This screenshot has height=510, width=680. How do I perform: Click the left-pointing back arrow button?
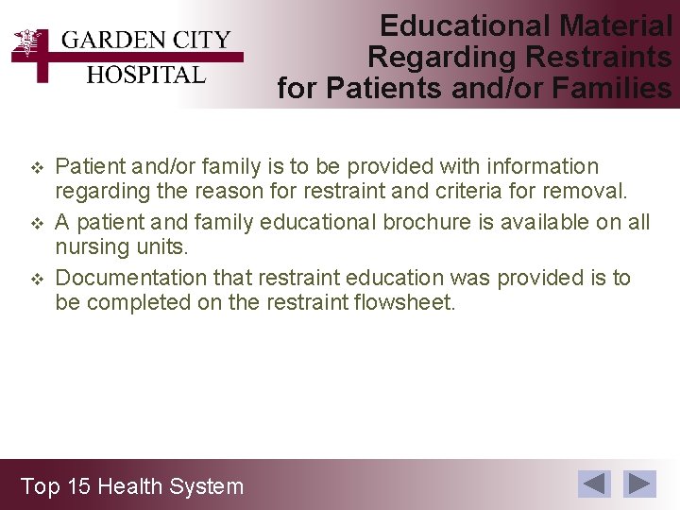pyautogui.click(x=595, y=484)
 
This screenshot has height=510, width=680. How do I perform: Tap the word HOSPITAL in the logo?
pyautogui.click(x=145, y=75)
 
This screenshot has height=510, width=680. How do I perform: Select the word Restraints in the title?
pyautogui.click(x=598, y=57)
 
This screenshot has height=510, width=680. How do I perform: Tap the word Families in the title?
pyautogui.click(x=613, y=88)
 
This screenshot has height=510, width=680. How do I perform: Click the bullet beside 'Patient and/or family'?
pyautogui.click(x=38, y=168)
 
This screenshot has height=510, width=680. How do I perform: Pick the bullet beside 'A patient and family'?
pyautogui.click(x=38, y=224)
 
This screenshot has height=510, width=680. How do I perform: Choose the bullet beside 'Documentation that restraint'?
pyautogui.click(x=38, y=280)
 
